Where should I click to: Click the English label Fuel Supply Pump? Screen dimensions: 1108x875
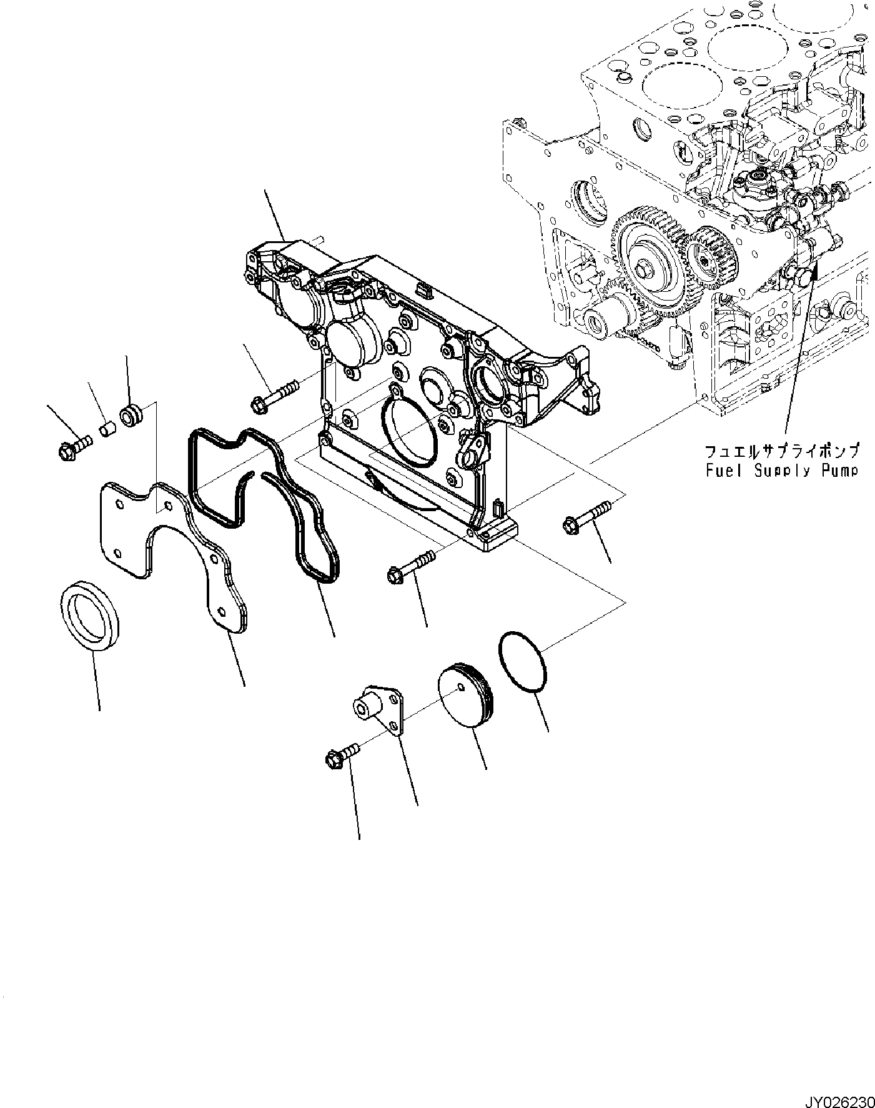(x=782, y=470)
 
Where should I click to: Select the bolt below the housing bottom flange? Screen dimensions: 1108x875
(x=412, y=564)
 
